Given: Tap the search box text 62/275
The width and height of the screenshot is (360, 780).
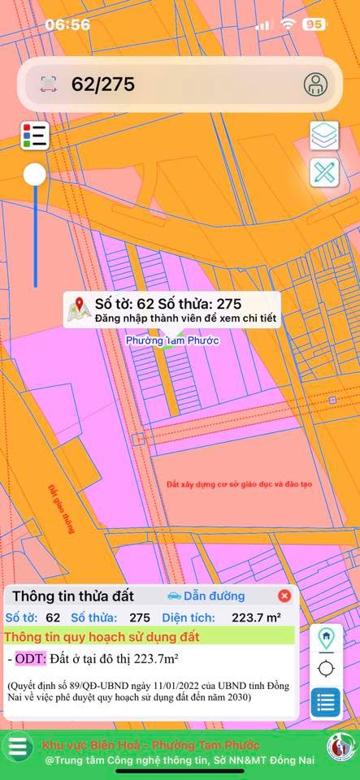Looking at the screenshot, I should [x=103, y=84].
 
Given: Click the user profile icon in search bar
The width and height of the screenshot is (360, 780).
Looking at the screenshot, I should [x=315, y=84].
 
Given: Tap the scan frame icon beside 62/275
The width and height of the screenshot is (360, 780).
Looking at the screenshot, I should [x=49, y=84].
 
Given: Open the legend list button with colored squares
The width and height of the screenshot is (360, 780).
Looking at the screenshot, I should [x=35, y=136].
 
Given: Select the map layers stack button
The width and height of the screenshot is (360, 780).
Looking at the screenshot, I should [x=325, y=136].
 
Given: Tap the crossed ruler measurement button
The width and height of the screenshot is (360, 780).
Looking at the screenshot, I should [x=325, y=172].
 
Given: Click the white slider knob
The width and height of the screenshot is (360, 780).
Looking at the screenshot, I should [x=35, y=174].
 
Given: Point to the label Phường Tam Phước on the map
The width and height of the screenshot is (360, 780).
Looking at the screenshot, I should [x=172, y=341].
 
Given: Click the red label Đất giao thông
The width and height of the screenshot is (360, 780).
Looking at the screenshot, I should [x=61, y=509].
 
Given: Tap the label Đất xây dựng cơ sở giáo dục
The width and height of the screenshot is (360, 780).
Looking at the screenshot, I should [x=240, y=484].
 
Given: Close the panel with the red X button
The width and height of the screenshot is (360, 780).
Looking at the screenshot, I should [x=284, y=596].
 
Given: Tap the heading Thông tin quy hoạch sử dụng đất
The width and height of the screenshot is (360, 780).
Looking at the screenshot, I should [x=102, y=637].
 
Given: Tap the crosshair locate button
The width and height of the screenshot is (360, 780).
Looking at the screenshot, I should [x=326, y=669].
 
